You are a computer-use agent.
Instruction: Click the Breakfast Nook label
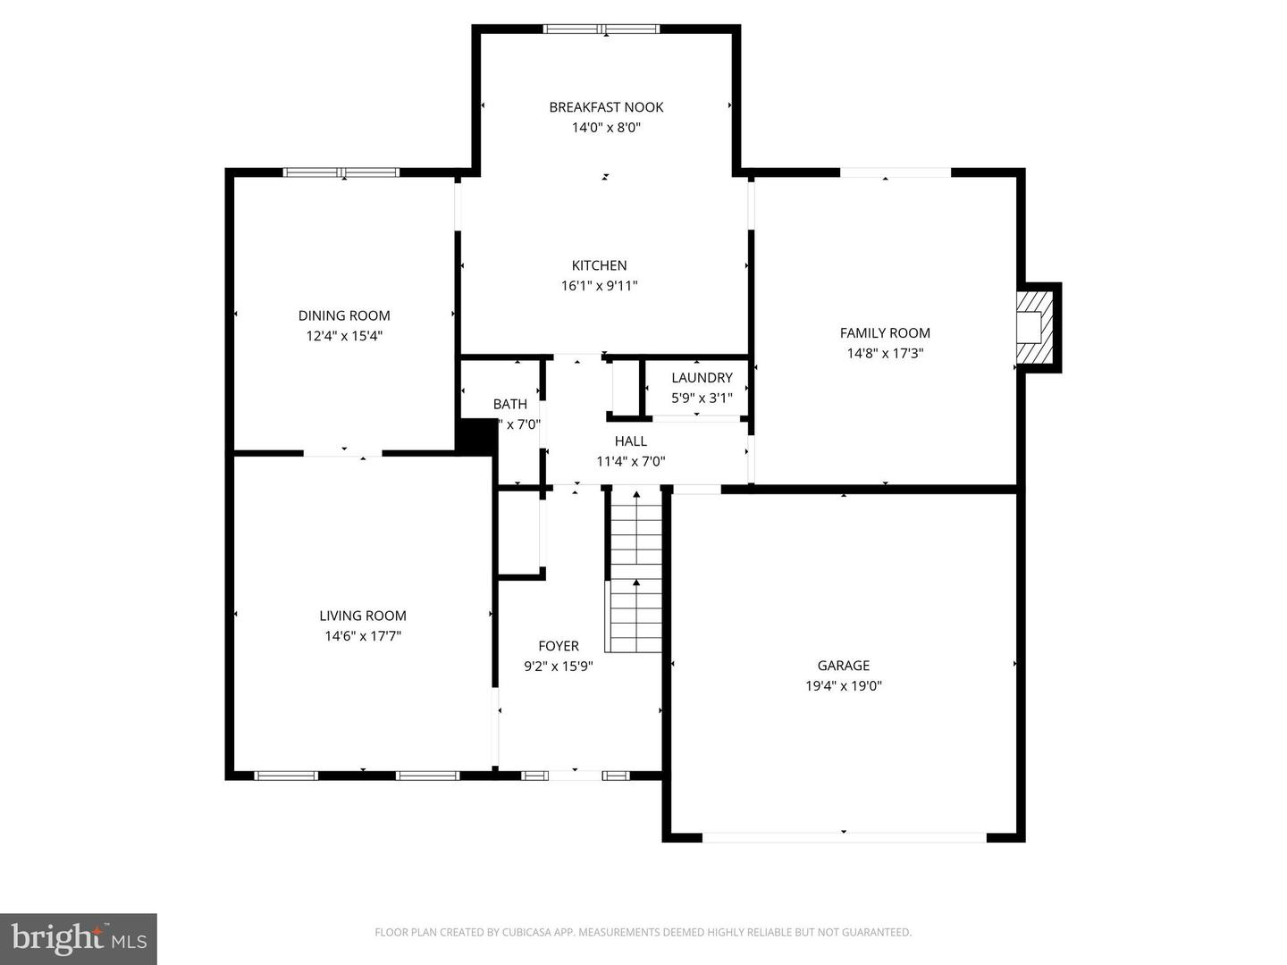(606, 107)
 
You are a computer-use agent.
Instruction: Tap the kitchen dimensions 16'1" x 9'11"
(599, 286)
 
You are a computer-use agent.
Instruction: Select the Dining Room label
(344, 315)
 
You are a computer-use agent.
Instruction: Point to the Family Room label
(885, 333)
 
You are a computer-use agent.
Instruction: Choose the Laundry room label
(702, 378)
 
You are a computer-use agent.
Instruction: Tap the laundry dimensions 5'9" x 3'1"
(702, 398)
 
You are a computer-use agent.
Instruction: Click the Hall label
(630, 441)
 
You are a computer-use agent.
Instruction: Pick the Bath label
(510, 405)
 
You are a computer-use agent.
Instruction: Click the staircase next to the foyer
(635, 572)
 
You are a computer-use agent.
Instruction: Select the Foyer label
(559, 646)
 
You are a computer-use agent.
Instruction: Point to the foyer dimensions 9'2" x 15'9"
(559, 666)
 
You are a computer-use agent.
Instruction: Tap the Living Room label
(363, 616)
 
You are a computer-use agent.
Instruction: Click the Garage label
(843, 666)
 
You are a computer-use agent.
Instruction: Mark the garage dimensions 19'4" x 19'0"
(843, 686)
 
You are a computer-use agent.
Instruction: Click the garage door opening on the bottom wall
(844, 837)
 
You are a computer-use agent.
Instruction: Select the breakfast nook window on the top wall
(601, 29)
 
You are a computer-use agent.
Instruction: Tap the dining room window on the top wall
(341, 172)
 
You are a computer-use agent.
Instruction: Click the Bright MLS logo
(79, 938)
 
